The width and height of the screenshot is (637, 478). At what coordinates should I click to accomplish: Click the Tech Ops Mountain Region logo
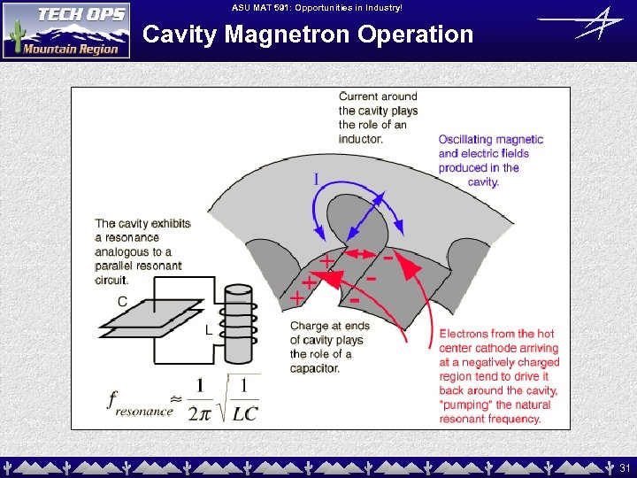click(66, 30)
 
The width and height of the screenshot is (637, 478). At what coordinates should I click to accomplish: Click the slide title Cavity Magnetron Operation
click(308, 35)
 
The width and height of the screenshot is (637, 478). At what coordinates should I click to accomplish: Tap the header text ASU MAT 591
click(316, 7)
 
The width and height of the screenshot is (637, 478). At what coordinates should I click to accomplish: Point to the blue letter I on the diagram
click(316, 181)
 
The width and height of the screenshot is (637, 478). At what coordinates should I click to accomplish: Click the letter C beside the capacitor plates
click(122, 301)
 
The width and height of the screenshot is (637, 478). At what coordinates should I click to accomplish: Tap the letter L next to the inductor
click(208, 330)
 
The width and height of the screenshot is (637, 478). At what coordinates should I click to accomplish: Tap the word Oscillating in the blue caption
click(468, 139)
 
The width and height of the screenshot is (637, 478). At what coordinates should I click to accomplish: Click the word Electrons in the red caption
click(466, 334)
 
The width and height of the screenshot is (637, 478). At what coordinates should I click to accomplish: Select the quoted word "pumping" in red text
click(465, 405)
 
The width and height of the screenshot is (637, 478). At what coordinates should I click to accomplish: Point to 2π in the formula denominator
click(199, 412)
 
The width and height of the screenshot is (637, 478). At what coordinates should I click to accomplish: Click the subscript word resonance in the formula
click(144, 412)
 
